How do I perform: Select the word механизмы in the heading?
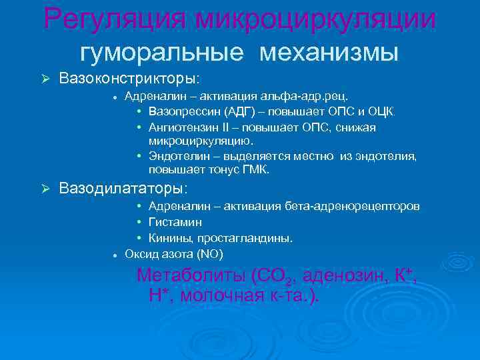pyautogui.click(x=329, y=51)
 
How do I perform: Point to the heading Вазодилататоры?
pyautogui.click(x=123, y=189)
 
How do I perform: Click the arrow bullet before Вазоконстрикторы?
pyautogui.click(x=46, y=79)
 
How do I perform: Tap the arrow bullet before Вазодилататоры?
pyautogui.click(x=46, y=189)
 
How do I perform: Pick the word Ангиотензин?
pyautogui.click(x=185, y=127)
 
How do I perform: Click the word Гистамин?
pyautogui.click(x=175, y=222)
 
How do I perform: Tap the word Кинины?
pyautogui.click(x=169, y=238)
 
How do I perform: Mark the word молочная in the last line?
pyautogui.click(x=223, y=296)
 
